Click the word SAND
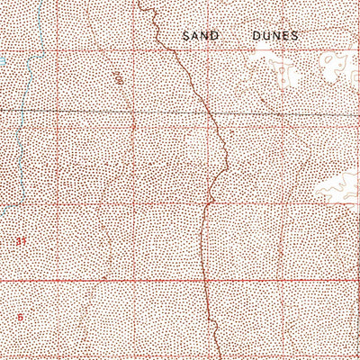[x=200, y=37]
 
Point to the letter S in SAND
[x=186, y=37]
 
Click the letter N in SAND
[x=205, y=37]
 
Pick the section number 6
[x=19, y=316]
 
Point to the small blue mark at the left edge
[x=3, y=62]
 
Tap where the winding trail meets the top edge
[x=141, y=2]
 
